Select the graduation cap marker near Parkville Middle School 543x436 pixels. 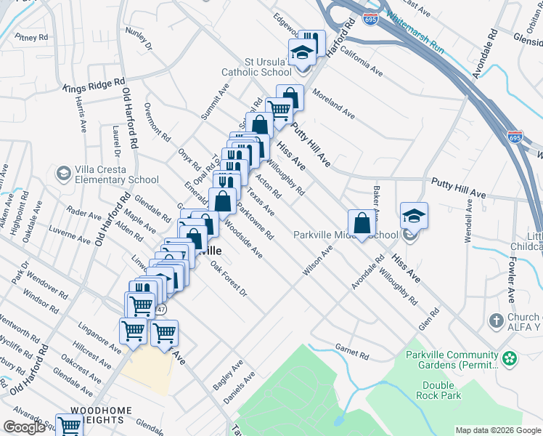[x=413, y=215]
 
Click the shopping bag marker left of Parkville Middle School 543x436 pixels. [x=362, y=224]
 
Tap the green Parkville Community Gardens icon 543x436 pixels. [x=511, y=358]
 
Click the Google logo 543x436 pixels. [x=24, y=427]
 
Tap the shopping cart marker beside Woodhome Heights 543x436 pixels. [x=70, y=427]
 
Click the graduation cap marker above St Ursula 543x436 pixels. [x=301, y=52]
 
